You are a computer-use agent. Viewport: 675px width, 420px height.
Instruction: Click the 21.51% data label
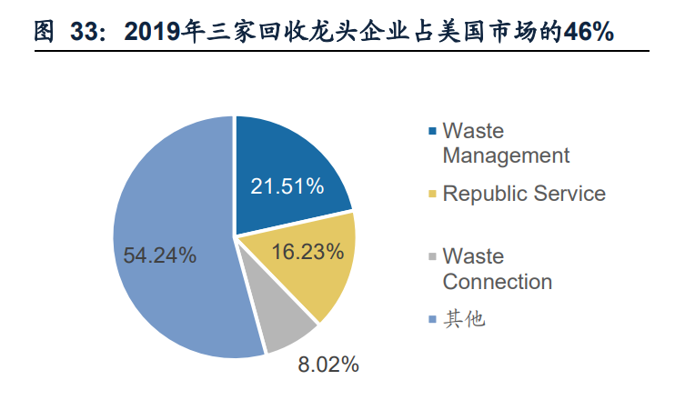[x=287, y=186]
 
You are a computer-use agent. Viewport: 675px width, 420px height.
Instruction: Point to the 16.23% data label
[x=307, y=250]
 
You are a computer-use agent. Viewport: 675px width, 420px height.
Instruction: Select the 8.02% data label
[x=328, y=365]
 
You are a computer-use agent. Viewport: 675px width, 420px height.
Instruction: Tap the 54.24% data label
[x=160, y=255]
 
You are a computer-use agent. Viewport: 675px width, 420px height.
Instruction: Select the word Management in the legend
[x=506, y=155]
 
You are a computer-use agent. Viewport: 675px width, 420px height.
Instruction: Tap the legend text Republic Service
[x=524, y=194]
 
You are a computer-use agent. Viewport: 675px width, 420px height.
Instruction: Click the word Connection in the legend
[x=497, y=281]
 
